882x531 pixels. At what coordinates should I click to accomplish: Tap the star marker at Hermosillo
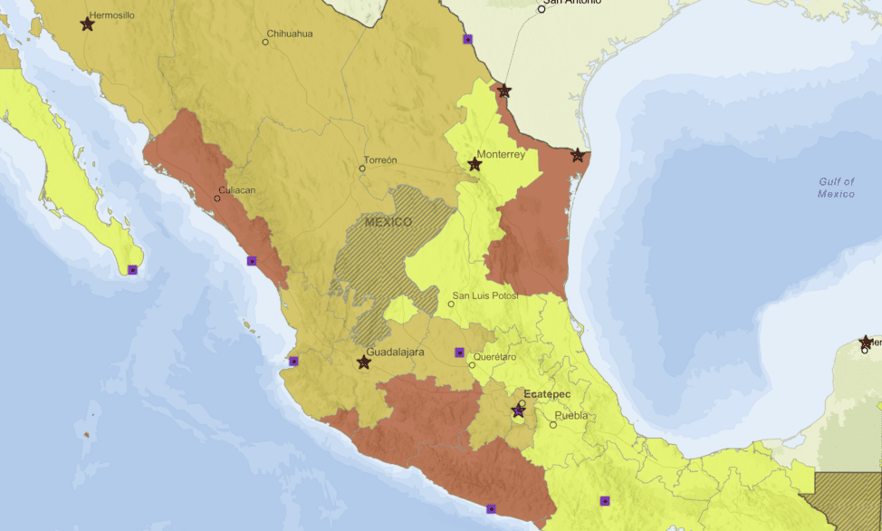point(87,24)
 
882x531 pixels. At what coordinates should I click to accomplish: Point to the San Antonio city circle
point(542,9)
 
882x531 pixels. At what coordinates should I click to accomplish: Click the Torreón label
point(380,159)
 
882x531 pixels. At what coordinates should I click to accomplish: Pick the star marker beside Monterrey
point(475,165)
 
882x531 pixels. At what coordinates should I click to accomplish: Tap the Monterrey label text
point(501,154)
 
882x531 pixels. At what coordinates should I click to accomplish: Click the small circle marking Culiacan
point(217,198)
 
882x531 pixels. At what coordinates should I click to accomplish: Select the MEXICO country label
point(388,222)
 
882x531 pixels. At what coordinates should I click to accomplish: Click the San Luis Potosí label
point(485,296)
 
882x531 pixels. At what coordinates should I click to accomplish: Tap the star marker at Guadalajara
point(364,362)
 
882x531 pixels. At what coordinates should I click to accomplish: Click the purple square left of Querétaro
point(459,352)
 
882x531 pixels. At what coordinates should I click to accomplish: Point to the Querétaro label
point(494,357)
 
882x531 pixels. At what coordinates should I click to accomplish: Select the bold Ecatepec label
point(545,394)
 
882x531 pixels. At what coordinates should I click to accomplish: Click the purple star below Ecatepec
point(518,410)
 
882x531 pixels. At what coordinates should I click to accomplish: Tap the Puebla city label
point(571,416)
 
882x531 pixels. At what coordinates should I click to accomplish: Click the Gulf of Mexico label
point(836,188)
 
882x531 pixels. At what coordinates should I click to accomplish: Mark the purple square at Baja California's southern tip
point(132,269)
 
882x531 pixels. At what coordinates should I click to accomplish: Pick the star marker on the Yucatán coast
point(866,342)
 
